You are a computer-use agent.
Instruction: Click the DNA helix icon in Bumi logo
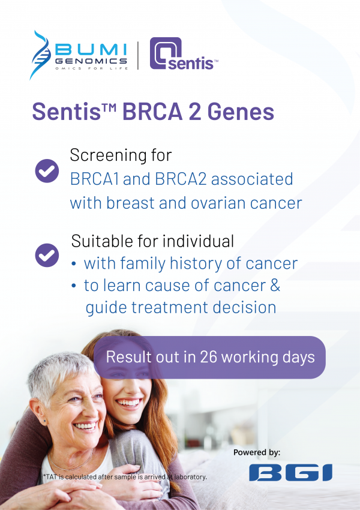click(41, 54)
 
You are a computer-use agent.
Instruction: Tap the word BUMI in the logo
click(90, 49)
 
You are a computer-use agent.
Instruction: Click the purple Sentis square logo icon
click(163, 53)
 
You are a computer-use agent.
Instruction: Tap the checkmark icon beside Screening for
click(46, 170)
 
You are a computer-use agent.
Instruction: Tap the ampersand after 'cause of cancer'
click(275, 285)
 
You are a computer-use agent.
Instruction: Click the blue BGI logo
click(290, 473)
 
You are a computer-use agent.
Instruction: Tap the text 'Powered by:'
click(257, 452)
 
